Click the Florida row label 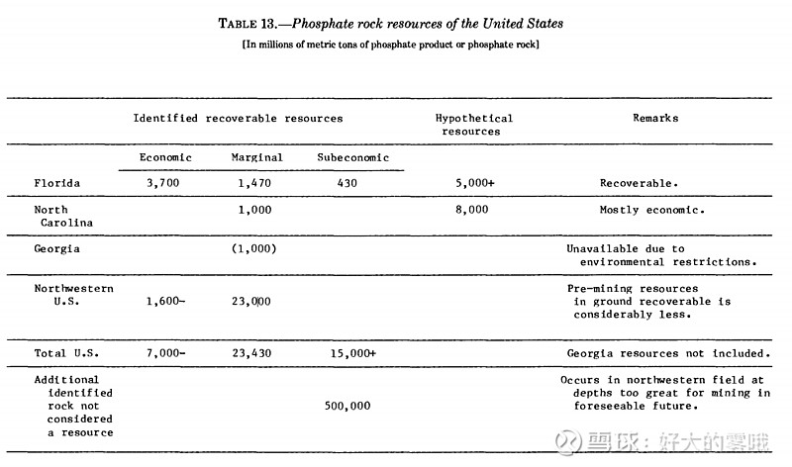tap(56, 183)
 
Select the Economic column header tap(165, 157)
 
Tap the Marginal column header tap(257, 157)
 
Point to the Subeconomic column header tap(353, 157)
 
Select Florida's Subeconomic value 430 tap(346, 183)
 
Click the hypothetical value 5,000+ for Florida tap(474, 183)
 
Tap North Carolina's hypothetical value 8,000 tap(471, 210)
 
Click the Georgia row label tap(56, 249)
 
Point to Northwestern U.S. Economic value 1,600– tap(164, 301)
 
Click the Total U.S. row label tap(65, 353)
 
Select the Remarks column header tap(655, 118)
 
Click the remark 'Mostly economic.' tap(651, 210)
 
